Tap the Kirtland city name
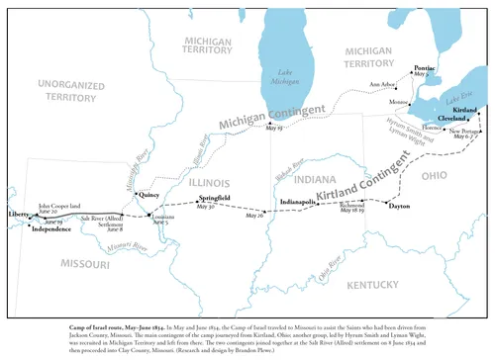pos(465,110)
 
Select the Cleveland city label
pos(451,119)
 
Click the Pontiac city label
pos(422,67)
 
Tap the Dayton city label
pos(399,207)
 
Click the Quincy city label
pos(150,196)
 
